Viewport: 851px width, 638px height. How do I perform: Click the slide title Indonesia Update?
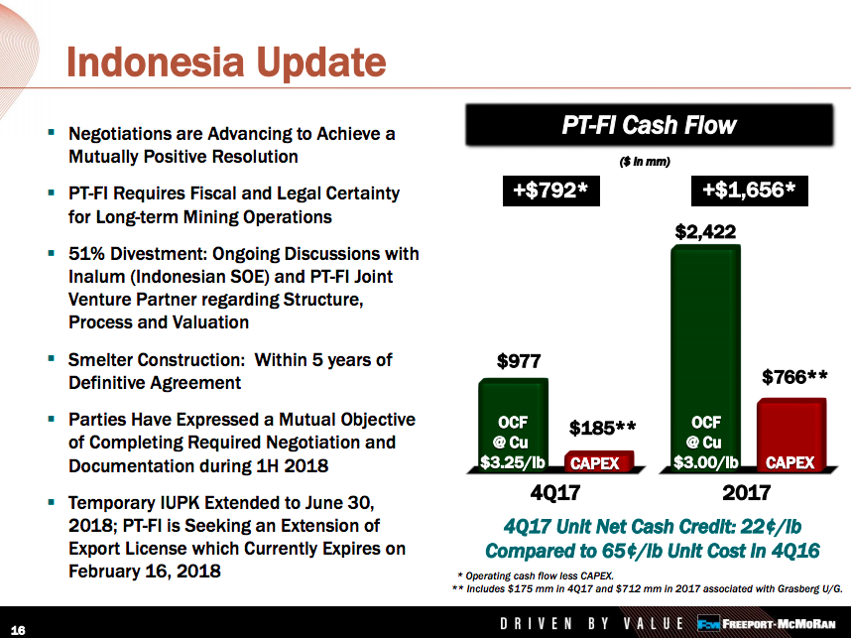pyautogui.click(x=226, y=63)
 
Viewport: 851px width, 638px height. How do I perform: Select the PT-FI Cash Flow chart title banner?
pyautogui.click(x=649, y=125)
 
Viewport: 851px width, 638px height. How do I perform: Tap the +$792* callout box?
pyautogui.click(x=550, y=191)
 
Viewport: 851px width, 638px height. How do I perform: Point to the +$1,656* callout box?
pyautogui.click(x=749, y=191)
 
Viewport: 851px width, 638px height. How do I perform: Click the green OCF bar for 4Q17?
pyautogui.click(x=513, y=424)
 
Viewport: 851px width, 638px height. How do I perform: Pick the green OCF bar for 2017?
pyautogui.click(x=705, y=357)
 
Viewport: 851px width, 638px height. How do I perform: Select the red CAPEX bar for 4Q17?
pyautogui.click(x=599, y=461)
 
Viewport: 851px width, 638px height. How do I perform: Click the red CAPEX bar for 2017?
pyautogui.click(x=791, y=435)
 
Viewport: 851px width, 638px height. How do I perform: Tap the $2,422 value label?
pyautogui.click(x=705, y=232)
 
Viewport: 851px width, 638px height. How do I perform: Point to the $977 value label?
pyautogui.click(x=519, y=361)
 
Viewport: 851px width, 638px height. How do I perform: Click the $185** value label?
pyautogui.click(x=602, y=428)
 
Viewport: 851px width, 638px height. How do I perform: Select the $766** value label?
pyautogui.click(x=794, y=376)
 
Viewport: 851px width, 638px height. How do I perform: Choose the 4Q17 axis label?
pyautogui.click(x=555, y=492)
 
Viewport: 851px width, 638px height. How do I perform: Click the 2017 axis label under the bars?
pyautogui.click(x=747, y=492)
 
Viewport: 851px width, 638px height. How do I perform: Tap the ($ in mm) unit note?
pyautogui.click(x=645, y=162)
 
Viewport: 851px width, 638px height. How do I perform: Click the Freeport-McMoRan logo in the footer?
pyautogui.click(x=767, y=623)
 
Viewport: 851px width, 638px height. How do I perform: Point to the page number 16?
pyautogui.click(x=18, y=630)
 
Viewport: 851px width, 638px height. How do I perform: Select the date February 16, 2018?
pyautogui.click(x=145, y=572)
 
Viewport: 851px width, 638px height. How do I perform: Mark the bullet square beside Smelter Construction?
pyautogui.click(x=51, y=358)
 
